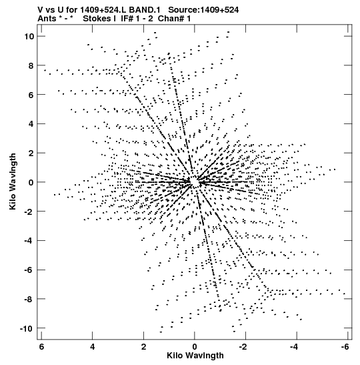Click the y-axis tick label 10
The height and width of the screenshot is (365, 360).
tap(29, 36)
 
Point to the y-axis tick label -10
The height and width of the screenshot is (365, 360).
tap(26, 329)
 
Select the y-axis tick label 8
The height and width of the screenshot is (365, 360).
tap(31, 65)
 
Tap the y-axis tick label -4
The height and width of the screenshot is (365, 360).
tap(29, 240)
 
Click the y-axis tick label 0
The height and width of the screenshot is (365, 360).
tap(31, 183)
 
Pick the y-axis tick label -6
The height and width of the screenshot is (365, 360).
tap(29, 270)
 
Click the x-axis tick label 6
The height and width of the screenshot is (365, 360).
tap(41, 347)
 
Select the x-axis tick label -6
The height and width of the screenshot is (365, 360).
tap(345, 347)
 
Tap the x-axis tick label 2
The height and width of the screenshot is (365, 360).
tap(144, 347)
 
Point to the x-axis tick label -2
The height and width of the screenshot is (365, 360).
tap(243, 347)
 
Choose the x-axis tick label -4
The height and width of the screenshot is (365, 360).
tap(294, 347)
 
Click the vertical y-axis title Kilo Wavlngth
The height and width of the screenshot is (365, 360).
tap(13, 181)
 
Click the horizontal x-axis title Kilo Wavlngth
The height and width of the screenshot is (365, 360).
tap(195, 356)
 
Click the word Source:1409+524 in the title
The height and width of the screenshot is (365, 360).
tap(203, 10)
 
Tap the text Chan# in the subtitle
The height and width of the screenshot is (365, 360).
tap(171, 19)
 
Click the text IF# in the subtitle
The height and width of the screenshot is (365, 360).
tap(127, 19)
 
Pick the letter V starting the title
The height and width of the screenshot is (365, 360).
tap(40, 10)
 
